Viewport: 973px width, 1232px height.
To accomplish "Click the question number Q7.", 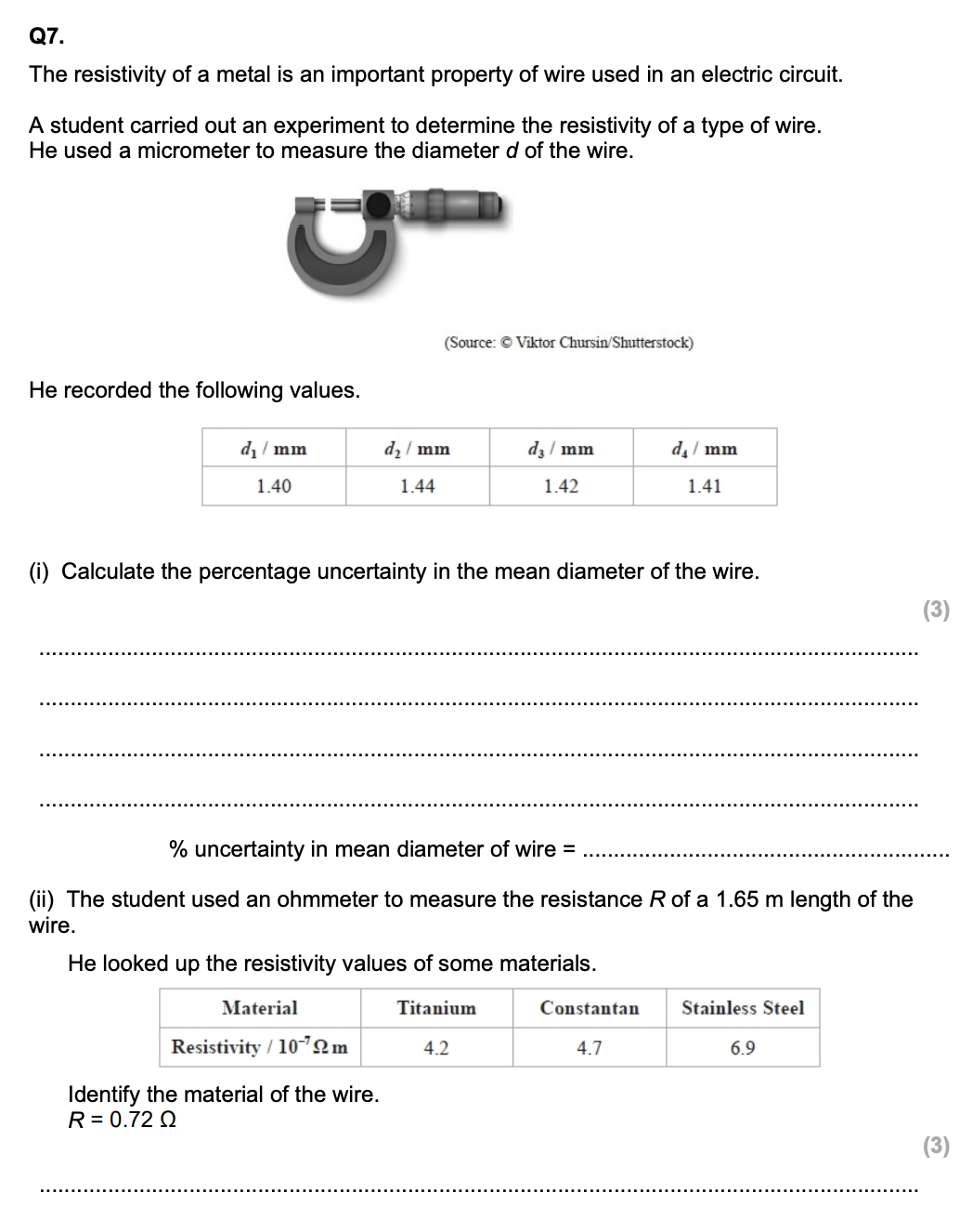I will click(46, 37).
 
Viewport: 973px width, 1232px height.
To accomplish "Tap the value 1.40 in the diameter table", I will click(274, 486).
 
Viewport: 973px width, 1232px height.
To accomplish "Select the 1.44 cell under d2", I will click(418, 486).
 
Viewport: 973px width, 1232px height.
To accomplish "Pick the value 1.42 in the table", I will click(561, 486).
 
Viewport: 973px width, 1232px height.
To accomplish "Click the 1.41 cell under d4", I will click(705, 486).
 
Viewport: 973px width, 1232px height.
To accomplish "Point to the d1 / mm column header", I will click(273, 450).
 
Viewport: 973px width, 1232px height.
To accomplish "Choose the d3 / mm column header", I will click(561, 450).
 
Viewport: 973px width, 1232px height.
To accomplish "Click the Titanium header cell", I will click(436, 1008).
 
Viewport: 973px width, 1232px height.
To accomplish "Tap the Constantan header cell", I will click(590, 1008).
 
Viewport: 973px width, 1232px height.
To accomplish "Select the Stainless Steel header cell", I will click(743, 1008).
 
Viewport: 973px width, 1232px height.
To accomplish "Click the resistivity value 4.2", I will click(436, 1048).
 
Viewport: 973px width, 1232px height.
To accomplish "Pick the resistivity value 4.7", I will click(590, 1048).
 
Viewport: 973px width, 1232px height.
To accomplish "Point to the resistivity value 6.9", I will click(743, 1048).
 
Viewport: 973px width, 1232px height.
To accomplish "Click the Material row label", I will click(260, 1008).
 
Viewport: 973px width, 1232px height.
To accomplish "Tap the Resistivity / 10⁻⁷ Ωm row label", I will click(260, 1048).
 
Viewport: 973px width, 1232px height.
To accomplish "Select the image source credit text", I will click(568, 343).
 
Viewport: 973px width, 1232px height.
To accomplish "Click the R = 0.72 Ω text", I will click(123, 1121).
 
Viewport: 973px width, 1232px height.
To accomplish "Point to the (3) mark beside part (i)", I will click(936, 610).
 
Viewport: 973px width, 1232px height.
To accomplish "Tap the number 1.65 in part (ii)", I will click(738, 899).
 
